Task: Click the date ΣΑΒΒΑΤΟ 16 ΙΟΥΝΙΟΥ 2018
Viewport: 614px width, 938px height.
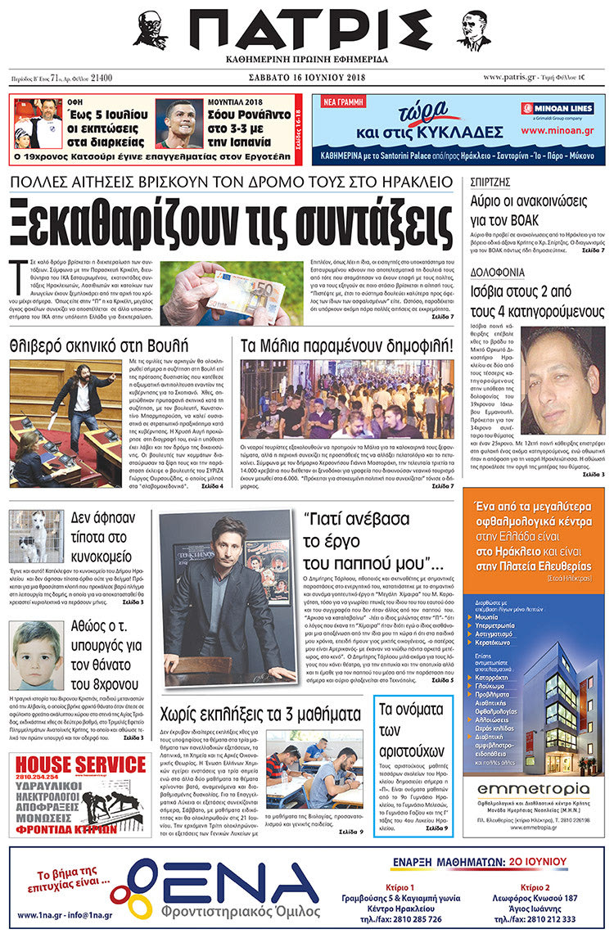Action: (x=306, y=79)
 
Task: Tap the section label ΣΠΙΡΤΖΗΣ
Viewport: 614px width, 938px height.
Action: (x=490, y=183)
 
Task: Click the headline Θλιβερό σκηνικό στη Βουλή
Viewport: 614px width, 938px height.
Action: (x=99, y=345)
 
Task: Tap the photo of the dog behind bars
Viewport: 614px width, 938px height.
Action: (x=35, y=536)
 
